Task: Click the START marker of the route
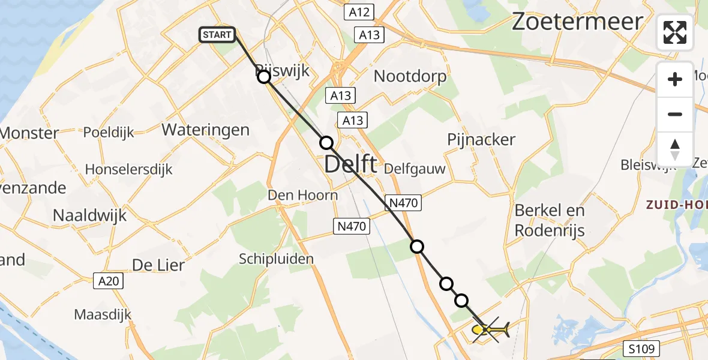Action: pos(217,35)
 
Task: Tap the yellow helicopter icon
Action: pos(490,329)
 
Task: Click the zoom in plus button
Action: pos(675,79)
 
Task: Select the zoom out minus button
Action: pos(675,114)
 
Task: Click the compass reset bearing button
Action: pos(675,149)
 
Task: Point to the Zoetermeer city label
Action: pos(577,22)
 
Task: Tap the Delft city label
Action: pos(351,163)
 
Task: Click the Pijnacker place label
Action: pos(481,140)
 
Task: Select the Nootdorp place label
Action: pos(410,76)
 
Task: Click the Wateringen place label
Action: pos(205,130)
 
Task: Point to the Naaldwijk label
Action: pos(90,215)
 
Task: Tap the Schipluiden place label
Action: pos(276,259)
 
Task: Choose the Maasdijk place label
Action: pos(103,314)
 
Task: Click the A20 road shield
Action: pos(108,280)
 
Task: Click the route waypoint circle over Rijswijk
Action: pos(264,77)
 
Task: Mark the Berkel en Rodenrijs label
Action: pos(550,220)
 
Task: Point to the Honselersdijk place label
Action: pos(128,169)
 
